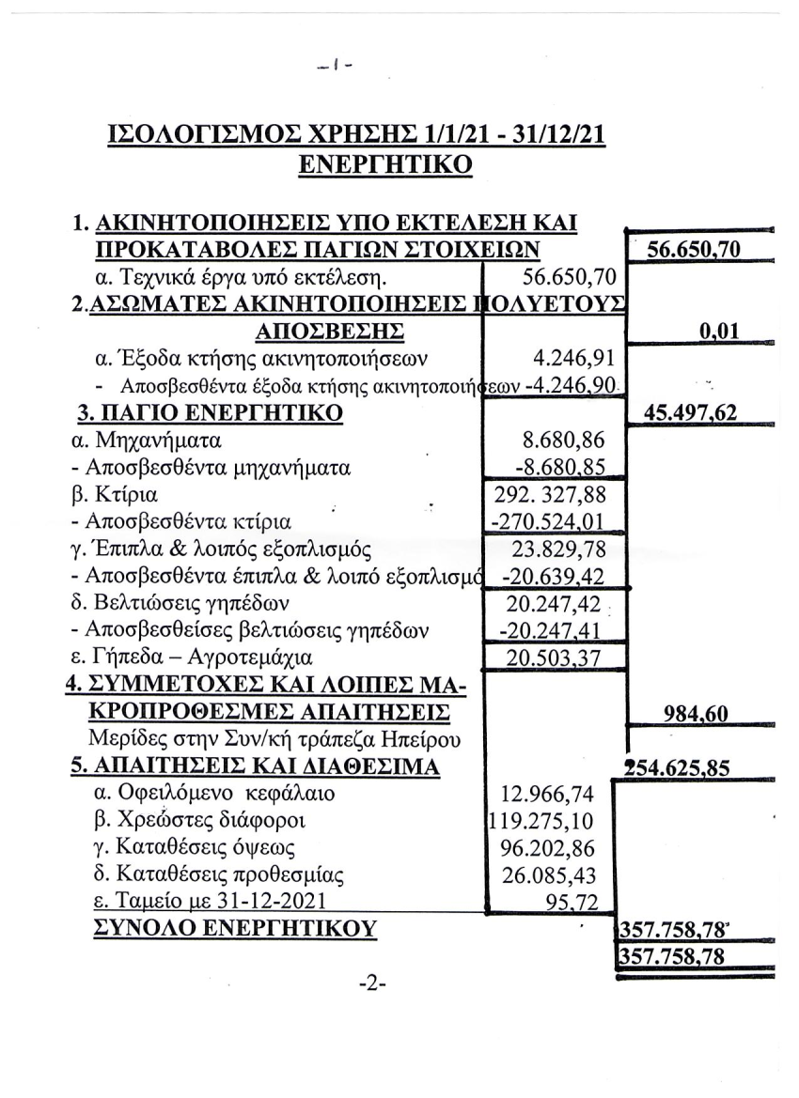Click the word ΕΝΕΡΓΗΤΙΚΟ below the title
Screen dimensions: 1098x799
384,163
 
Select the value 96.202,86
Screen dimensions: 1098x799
555,848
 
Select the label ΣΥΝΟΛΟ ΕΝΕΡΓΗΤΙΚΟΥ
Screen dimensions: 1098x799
234,928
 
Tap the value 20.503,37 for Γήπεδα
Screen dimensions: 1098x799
553,657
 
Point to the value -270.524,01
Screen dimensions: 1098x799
549,520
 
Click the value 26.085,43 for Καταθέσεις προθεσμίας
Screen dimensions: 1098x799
555,875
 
